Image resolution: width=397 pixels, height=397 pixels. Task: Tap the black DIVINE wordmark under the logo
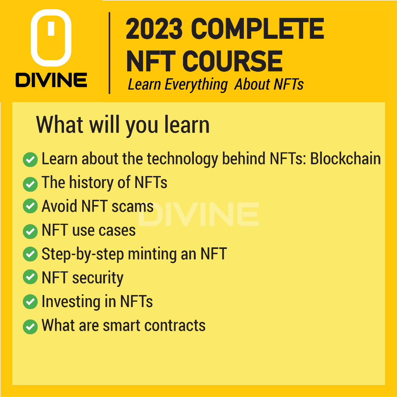[52, 80]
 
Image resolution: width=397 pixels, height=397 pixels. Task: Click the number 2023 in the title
[154, 29]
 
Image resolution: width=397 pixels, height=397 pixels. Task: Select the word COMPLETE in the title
[257, 29]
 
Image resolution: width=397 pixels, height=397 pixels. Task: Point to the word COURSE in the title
[232, 61]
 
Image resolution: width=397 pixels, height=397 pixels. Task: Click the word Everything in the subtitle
[196, 85]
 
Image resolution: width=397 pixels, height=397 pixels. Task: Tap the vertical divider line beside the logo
[109, 53]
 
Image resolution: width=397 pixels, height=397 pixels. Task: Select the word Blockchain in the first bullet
[345, 159]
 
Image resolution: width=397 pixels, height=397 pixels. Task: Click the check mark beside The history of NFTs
[30, 184]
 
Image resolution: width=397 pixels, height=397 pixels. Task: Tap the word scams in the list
[133, 206]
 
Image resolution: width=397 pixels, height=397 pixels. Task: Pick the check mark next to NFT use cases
[30, 231]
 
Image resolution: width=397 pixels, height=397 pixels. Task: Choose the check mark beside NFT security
[30, 277]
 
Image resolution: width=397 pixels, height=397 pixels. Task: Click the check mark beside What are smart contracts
[30, 326]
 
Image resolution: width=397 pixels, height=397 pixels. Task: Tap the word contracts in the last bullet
[175, 325]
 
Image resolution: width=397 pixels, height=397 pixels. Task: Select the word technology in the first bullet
[183, 159]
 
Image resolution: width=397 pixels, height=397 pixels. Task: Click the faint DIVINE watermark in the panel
[199, 214]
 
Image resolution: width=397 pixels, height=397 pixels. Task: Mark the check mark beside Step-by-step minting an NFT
[30, 254]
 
